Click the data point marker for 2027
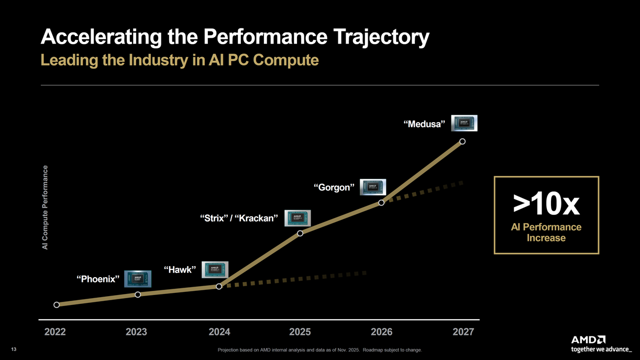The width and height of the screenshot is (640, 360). [462, 141]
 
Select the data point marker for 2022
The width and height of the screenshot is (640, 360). [57, 305]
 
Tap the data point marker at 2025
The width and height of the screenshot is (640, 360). [300, 233]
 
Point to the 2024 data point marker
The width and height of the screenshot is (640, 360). [219, 287]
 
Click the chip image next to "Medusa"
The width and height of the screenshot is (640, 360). [464, 123]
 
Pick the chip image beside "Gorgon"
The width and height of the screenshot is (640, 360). [373, 187]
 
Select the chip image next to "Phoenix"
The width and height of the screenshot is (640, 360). [138, 279]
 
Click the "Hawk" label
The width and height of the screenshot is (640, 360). [180, 270]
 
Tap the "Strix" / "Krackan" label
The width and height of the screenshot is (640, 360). [239, 218]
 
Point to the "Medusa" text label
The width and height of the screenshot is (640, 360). [424, 124]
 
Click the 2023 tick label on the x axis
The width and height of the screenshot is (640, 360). [136, 332]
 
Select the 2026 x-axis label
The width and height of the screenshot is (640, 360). [381, 332]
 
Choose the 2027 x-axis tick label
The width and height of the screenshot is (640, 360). [463, 332]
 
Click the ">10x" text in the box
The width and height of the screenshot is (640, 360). [546, 204]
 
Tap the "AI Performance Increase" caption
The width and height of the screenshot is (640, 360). [546, 232]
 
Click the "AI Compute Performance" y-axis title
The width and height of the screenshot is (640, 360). [45, 208]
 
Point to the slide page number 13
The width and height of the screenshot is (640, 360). [14, 350]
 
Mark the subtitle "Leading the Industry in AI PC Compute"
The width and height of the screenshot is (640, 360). [180, 60]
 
